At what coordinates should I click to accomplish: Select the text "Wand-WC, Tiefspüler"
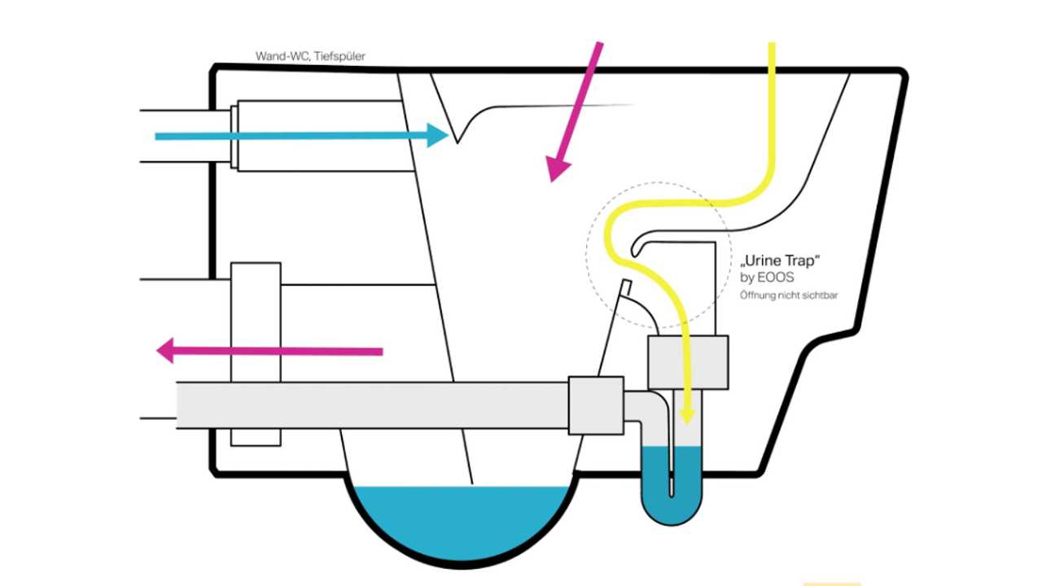[x=310, y=57]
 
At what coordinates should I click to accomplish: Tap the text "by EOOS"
[x=767, y=278]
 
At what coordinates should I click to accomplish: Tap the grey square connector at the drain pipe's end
[x=596, y=405]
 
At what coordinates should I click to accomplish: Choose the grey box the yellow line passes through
[x=688, y=362]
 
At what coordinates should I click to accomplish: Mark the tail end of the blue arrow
[x=157, y=137]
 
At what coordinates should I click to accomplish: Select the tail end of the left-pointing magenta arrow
[x=380, y=352]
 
